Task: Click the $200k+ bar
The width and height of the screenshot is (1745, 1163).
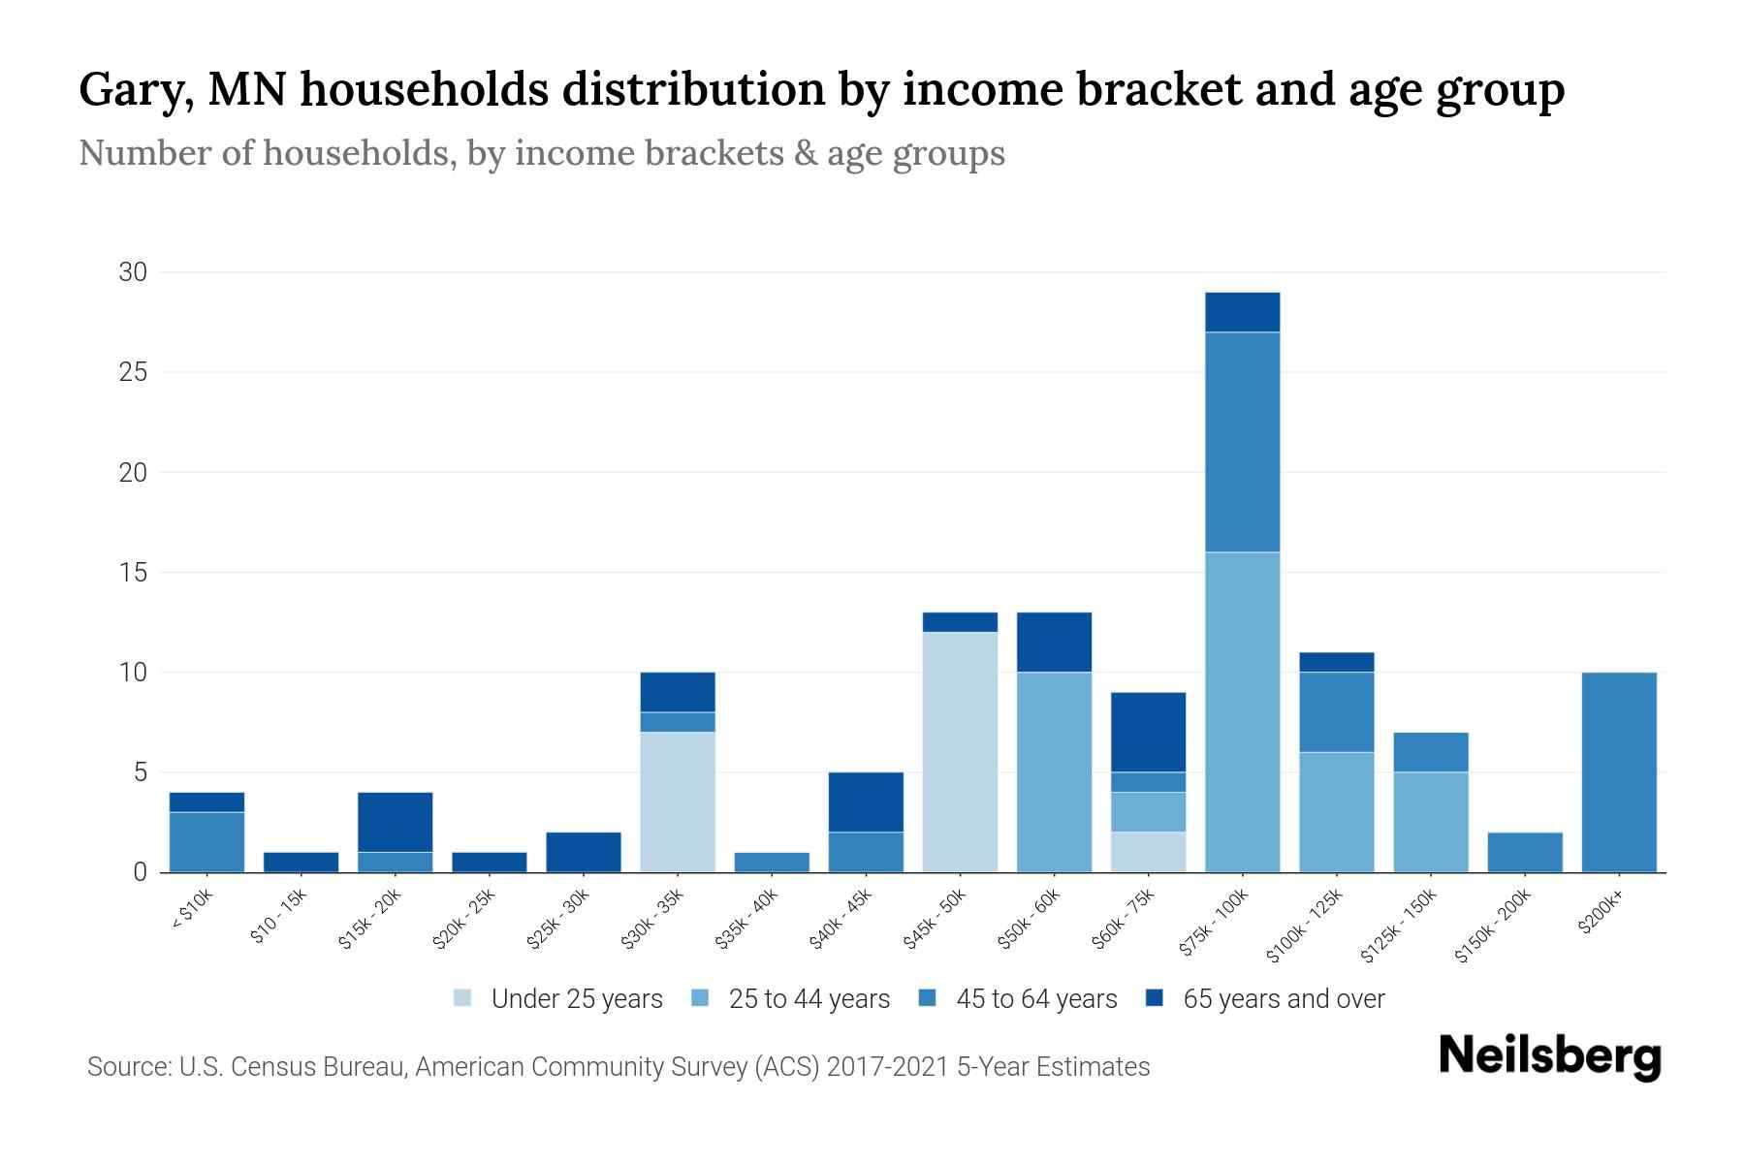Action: [1619, 772]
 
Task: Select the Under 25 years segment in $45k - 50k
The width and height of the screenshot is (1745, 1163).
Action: [960, 752]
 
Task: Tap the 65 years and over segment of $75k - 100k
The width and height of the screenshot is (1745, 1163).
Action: [1242, 312]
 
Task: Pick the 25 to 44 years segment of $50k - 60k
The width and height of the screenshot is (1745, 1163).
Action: [1054, 772]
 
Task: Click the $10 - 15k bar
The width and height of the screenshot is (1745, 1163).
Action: [301, 862]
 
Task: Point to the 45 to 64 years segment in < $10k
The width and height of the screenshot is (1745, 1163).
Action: [206, 842]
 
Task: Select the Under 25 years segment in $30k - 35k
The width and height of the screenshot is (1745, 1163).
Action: [678, 802]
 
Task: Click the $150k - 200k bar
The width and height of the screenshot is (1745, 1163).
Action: [1525, 852]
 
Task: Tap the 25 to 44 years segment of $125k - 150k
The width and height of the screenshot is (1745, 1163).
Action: [1431, 822]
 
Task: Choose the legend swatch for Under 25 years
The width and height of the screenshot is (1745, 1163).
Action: [463, 998]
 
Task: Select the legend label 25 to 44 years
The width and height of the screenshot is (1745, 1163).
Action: [809, 998]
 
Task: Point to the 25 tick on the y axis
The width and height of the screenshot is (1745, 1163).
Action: [133, 372]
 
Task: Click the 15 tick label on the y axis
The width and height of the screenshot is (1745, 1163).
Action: [133, 573]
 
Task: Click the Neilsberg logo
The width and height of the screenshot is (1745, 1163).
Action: [1549, 1056]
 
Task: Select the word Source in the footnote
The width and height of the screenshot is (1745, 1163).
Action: [127, 1067]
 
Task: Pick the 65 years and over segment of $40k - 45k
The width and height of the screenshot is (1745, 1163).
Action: [866, 802]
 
